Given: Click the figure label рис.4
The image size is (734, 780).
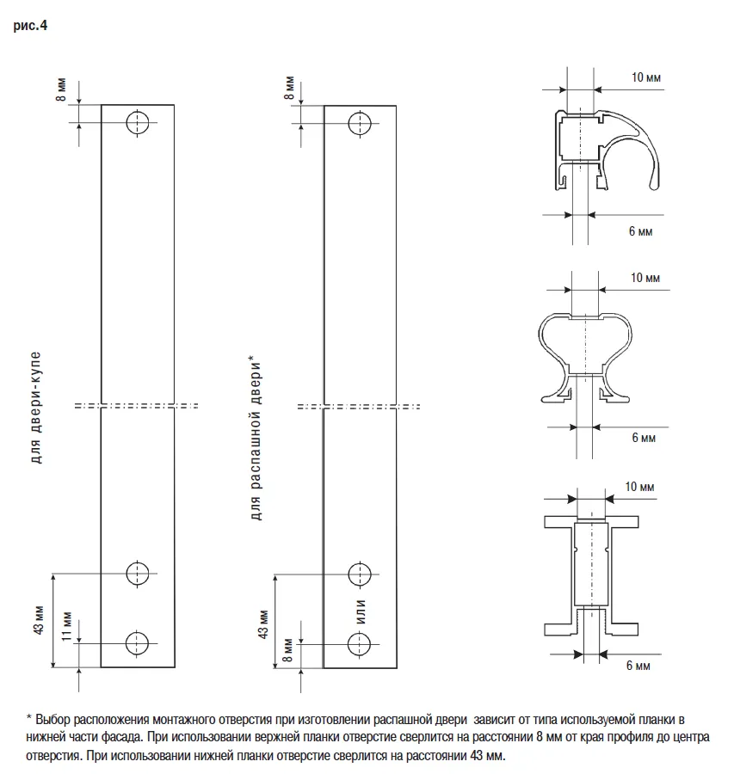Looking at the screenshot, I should tap(31, 26).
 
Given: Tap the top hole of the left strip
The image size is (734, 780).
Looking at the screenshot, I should tap(137, 123).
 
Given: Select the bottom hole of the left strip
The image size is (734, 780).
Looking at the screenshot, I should tap(137, 642).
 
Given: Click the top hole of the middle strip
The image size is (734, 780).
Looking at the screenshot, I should tap(360, 123).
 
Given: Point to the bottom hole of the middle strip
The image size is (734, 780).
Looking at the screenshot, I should tap(360, 642).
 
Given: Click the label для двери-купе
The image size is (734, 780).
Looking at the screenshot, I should tap(36, 407).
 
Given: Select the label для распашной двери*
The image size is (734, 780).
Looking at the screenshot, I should tap(256, 439).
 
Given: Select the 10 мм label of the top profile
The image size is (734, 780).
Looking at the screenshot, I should tap(646, 77).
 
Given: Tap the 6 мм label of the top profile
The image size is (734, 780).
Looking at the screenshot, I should tap(639, 233).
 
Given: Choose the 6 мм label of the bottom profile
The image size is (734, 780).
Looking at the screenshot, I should tap(638, 666).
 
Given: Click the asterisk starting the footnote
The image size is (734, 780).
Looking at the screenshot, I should tap(29, 718).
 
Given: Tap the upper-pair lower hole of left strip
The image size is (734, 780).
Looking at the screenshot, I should tap(137, 572).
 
